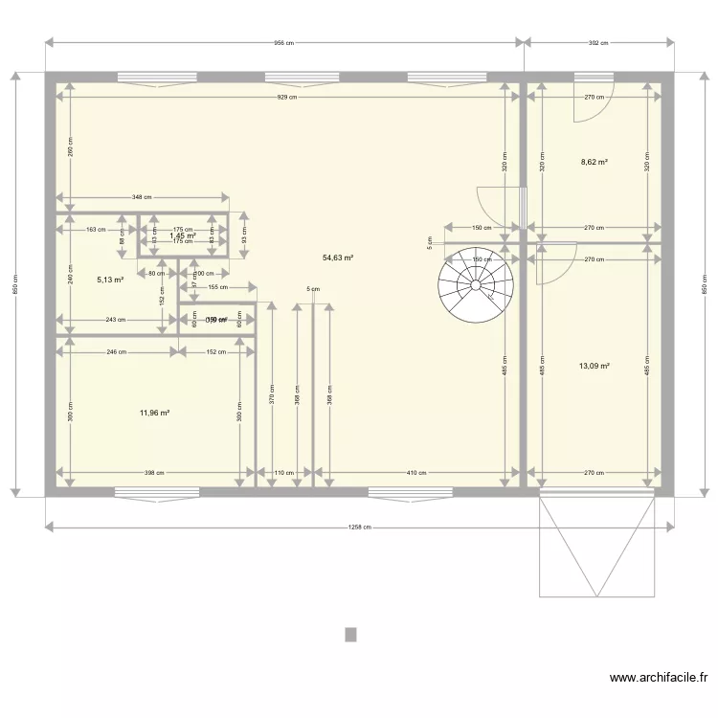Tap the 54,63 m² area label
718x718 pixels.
tap(338, 258)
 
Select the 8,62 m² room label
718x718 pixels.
tap(595, 162)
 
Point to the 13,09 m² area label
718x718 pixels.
tap(595, 365)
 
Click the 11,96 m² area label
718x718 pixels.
tap(154, 413)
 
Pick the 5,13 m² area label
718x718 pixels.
tap(112, 280)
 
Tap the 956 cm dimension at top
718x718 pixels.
tap(284, 43)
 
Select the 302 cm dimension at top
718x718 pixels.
tap(598, 43)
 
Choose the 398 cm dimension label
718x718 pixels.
tap(154, 472)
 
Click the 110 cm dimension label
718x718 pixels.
tap(284, 472)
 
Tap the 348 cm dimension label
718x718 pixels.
tap(142, 197)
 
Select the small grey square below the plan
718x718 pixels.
tap(351, 634)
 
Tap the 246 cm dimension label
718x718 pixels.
tap(116, 351)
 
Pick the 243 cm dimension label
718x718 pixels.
tap(115, 320)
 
